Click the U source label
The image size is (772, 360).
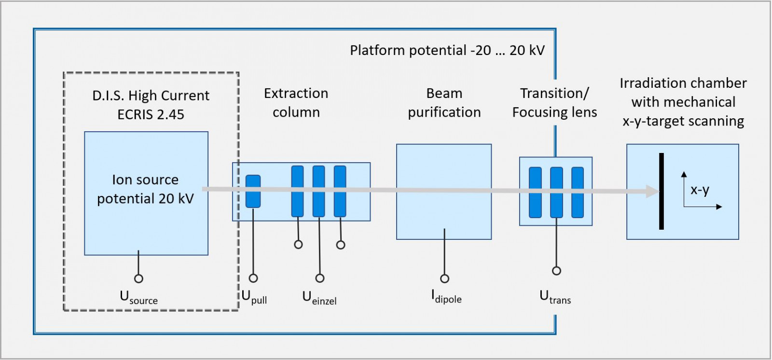click(138, 297)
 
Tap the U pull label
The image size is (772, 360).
click(254, 297)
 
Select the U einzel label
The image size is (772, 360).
click(319, 297)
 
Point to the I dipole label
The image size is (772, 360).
click(446, 296)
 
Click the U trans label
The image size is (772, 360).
click(555, 296)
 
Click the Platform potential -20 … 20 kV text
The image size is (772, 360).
click(447, 50)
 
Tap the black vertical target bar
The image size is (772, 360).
click(661, 191)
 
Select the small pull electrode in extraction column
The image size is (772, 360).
click(253, 191)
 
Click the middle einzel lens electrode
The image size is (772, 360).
click(318, 191)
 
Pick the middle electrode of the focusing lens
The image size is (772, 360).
click(556, 192)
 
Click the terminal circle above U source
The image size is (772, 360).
click(138, 278)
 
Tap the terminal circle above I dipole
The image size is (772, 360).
click(444, 278)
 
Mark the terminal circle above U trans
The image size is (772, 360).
click(556, 271)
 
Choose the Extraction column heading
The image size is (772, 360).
click(296, 102)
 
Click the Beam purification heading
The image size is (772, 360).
click(444, 102)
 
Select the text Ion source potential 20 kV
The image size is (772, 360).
click(145, 189)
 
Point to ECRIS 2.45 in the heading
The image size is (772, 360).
click(151, 114)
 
